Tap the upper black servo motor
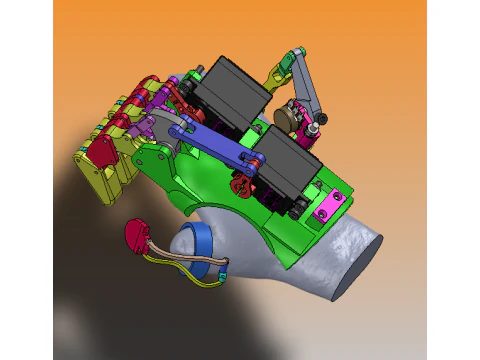233,92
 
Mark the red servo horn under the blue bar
240,184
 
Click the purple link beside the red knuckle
147,126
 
